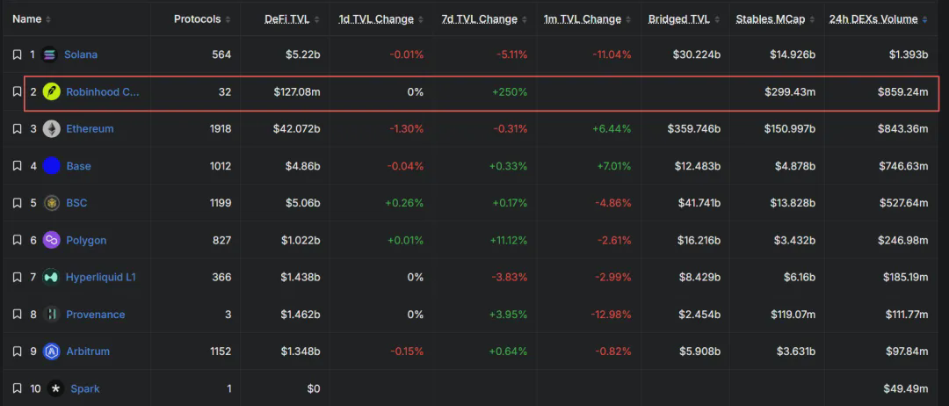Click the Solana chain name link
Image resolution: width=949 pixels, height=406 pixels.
point(81,54)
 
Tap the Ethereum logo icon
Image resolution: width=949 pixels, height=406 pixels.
point(52,129)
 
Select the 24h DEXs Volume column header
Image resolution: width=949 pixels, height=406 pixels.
point(873,19)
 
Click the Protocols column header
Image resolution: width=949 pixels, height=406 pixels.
point(198,19)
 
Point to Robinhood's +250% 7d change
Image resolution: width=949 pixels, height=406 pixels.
point(509,92)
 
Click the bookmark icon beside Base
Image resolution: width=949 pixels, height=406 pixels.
point(17,166)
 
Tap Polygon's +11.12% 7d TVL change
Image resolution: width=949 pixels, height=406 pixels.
point(509,240)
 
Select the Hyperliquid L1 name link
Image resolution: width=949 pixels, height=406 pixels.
point(100,277)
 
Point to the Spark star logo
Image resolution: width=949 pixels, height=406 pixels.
point(56,388)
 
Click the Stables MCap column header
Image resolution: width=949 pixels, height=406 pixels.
point(771,19)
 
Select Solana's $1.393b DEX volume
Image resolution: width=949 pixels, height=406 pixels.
point(909,54)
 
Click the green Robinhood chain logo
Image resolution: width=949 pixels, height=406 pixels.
point(52,92)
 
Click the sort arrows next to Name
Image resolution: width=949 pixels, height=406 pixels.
point(48,20)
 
